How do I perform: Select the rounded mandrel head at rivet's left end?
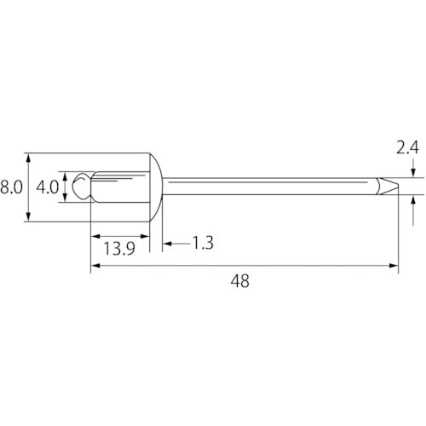(x=81, y=187)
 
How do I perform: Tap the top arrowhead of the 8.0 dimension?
(x=29, y=158)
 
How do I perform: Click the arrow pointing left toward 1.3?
(x=166, y=245)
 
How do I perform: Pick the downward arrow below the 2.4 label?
(x=413, y=174)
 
